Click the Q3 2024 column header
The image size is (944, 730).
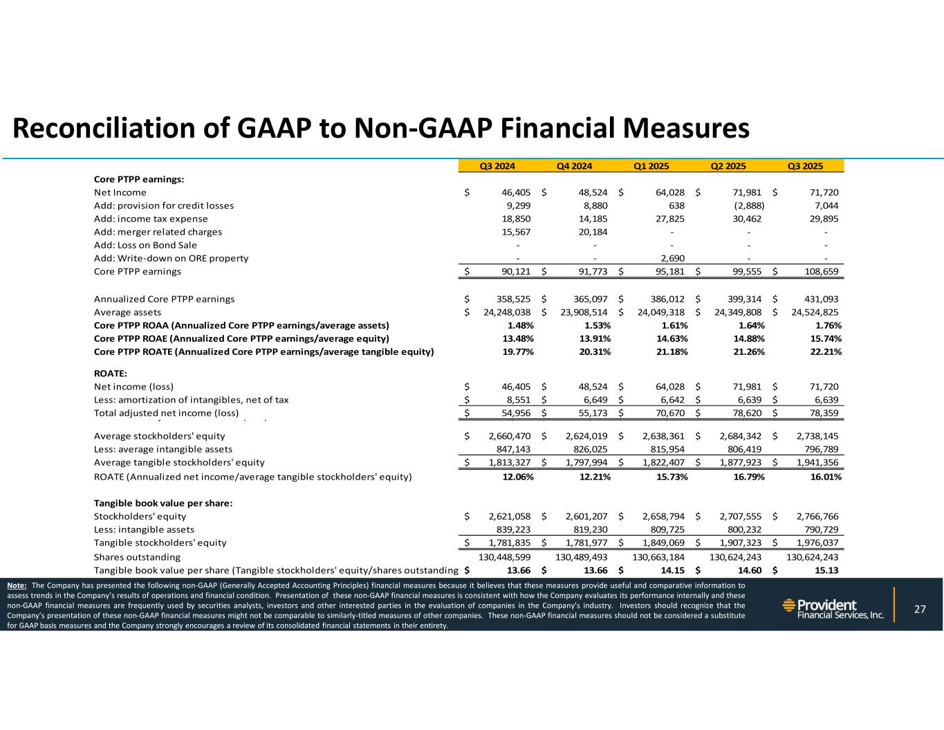[498, 165]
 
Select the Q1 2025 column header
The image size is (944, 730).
[651, 165]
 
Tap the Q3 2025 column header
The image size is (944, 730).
[806, 165]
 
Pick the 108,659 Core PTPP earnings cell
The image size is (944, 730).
[820, 271]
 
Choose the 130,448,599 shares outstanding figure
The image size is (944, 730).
[507, 556]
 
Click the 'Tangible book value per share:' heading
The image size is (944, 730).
[163, 503]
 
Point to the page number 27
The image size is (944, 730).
[920, 609]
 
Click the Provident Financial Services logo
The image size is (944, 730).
[833, 609]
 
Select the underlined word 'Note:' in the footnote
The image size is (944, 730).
[17, 585]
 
